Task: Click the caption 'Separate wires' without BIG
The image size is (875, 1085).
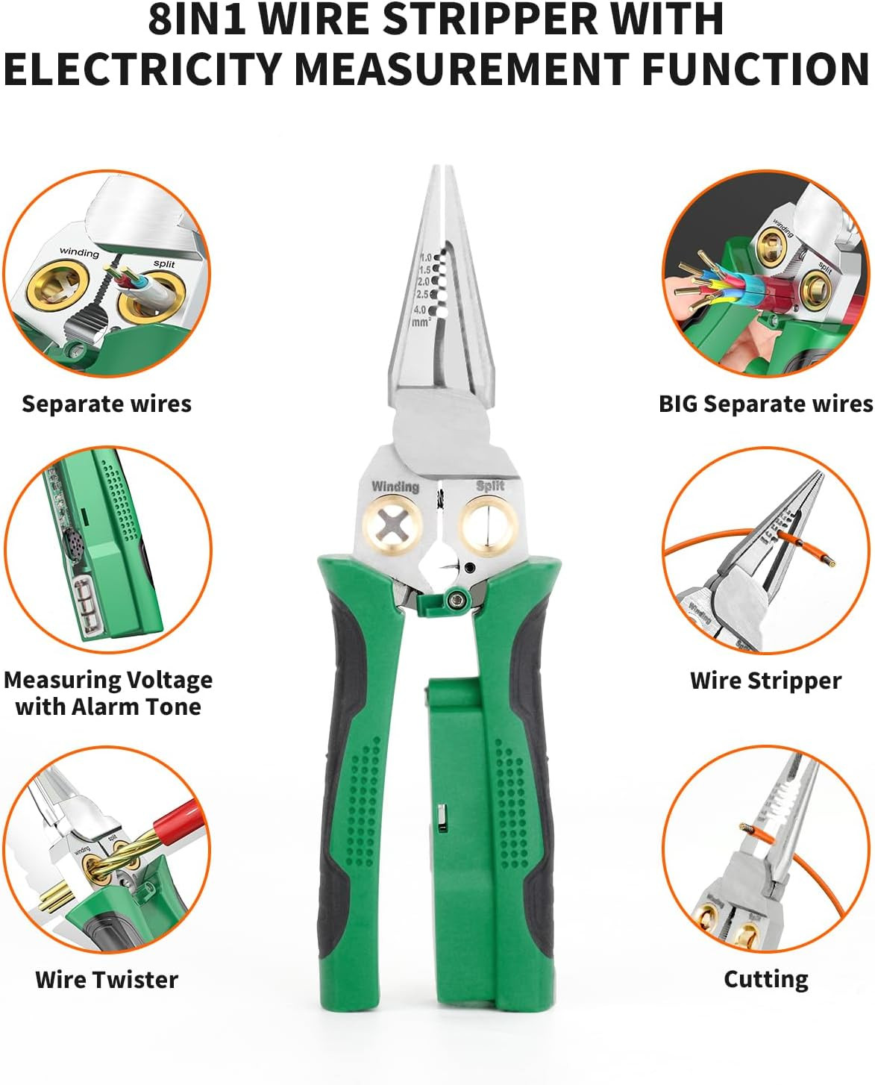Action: click(x=106, y=404)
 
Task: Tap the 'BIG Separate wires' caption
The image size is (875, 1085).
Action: click(x=765, y=404)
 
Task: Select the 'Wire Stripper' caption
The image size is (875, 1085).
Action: click(x=765, y=681)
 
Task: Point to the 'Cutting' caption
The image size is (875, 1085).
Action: click(x=765, y=979)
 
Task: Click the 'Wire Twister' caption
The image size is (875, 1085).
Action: click(x=106, y=979)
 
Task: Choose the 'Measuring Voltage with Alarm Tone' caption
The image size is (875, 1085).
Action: click(x=108, y=693)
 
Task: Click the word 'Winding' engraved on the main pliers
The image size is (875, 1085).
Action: click(x=395, y=487)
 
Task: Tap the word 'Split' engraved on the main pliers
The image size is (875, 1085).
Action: click(x=490, y=486)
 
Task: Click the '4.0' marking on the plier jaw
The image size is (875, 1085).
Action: click(x=420, y=310)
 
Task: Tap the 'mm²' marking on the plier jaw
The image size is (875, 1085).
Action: click(x=421, y=322)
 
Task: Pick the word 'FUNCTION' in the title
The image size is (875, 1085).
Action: click(x=755, y=69)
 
